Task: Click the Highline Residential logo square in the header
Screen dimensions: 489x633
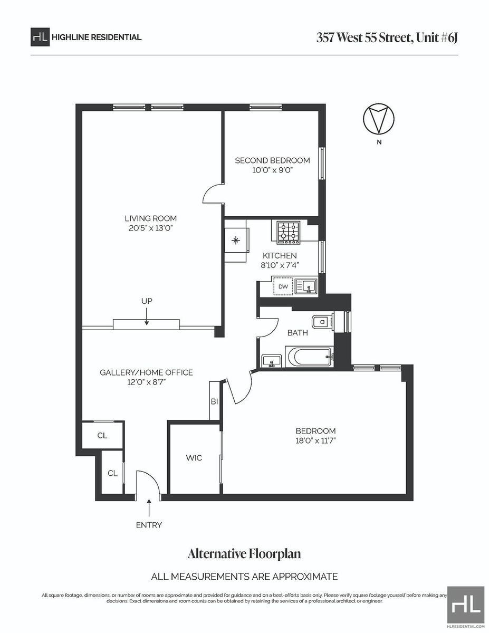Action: click(x=40, y=37)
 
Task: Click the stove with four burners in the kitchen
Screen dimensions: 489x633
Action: click(x=289, y=233)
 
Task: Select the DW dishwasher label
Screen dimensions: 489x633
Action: click(x=283, y=286)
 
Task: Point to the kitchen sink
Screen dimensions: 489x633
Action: click(x=306, y=286)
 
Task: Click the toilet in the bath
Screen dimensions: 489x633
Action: click(x=322, y=322)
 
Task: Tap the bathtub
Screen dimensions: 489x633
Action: click(x=309, y=357)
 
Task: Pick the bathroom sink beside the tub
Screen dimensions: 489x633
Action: click(x=272, y=361)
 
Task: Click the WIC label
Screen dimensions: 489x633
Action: click(x=194, y=458)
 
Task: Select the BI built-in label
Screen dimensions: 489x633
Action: click(x=214, y=402)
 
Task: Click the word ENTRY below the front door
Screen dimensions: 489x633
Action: click(x=149, y=525)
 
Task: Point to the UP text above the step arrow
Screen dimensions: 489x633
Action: click(x=147, y=301)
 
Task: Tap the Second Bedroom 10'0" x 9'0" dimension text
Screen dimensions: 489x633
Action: click(x=272, y=170)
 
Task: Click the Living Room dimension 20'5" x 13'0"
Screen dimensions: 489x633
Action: click(x=151, y=228)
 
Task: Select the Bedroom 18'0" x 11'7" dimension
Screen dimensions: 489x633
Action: click(x=315, y=441)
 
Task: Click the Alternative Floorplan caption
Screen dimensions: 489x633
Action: click(x=244, y=554)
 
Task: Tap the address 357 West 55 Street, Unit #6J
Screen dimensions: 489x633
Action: click(x=387, y=38)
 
